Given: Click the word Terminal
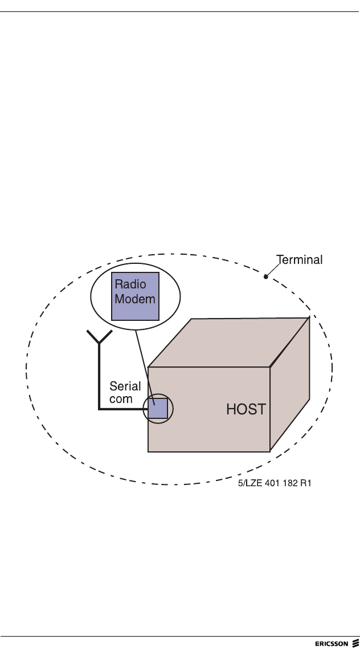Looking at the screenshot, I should [299, 260].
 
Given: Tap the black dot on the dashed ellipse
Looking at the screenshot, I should [265, 277].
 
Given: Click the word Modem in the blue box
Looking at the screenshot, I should [135, 299].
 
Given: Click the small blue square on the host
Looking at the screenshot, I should [158, 409].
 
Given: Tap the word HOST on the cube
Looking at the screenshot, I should [246, 409].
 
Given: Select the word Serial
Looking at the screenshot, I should [125, 387].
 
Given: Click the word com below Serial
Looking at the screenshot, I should [121, 399].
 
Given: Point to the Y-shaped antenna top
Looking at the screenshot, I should [99, 339].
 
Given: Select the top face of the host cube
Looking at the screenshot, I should [228, 342].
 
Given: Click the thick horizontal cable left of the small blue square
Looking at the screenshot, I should [122, 409].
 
